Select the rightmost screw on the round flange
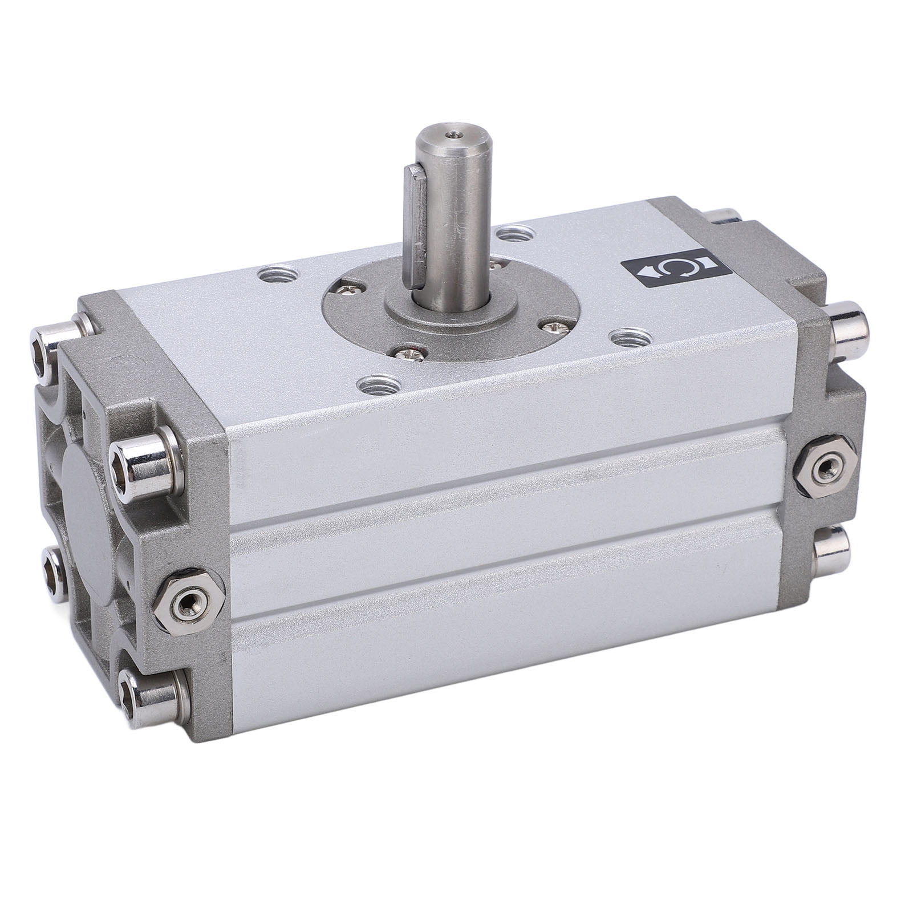(x=554, y=327)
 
